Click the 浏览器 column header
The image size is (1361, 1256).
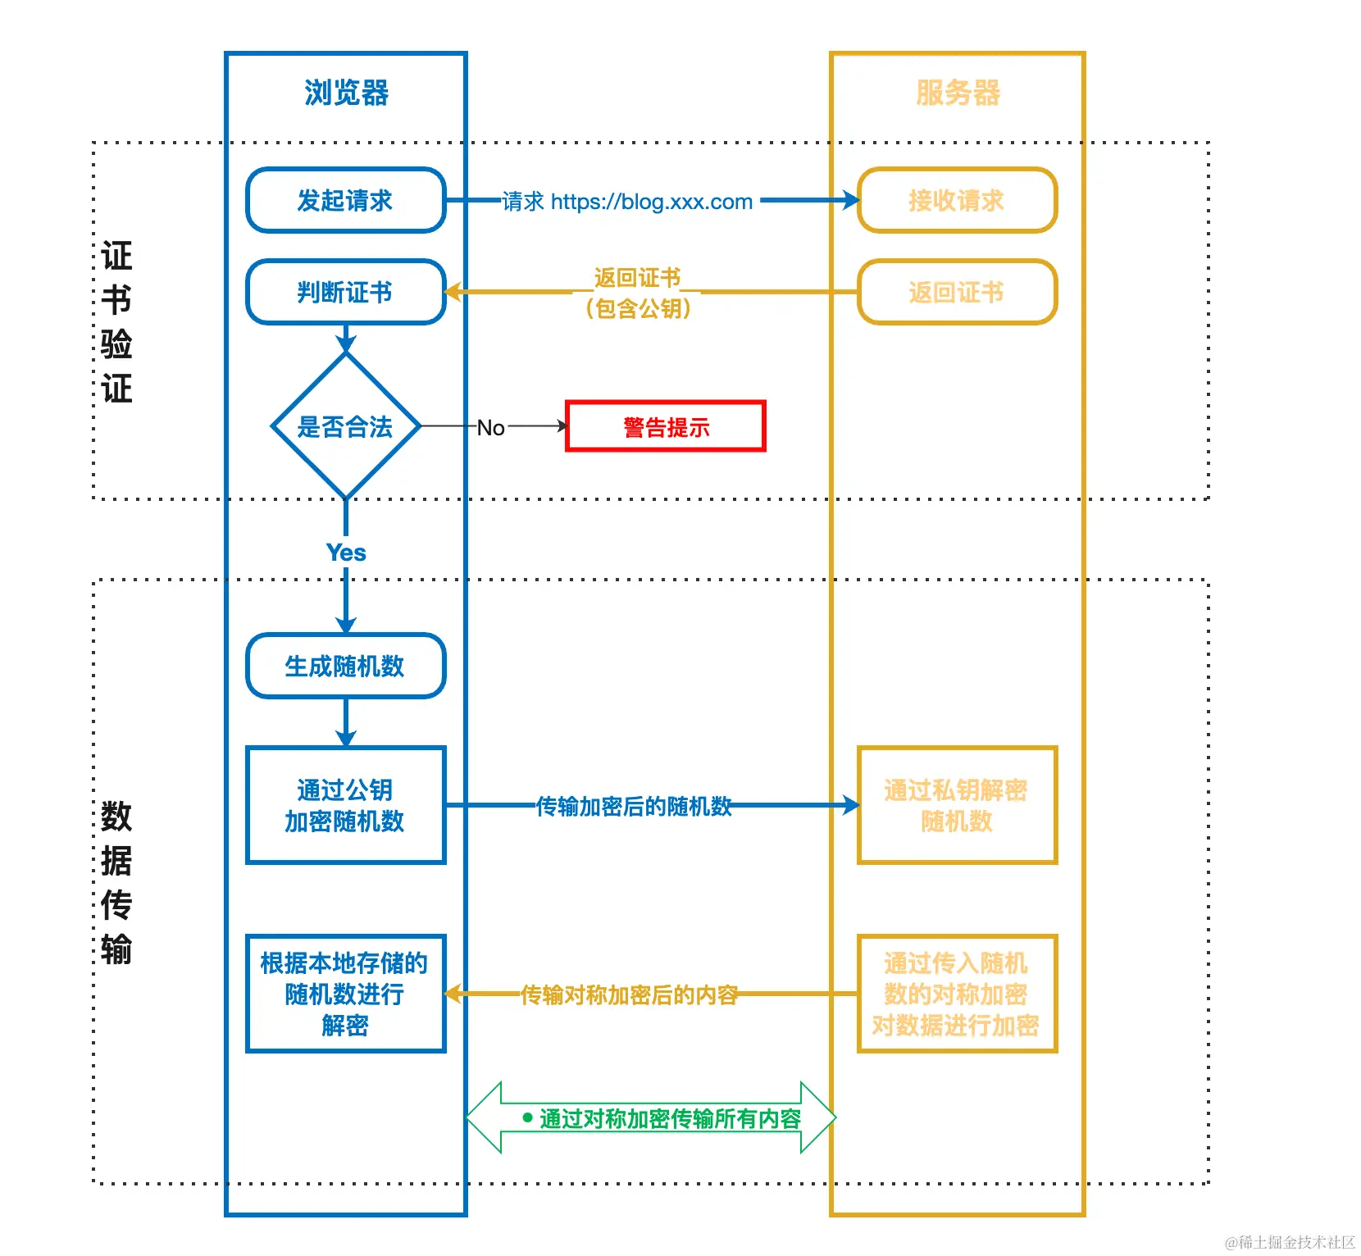(x=346, y=93)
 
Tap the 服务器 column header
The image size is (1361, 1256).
(x=958, y=93)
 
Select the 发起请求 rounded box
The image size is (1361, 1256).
(x=345, y=200)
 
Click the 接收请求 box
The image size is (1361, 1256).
(x=957, y=200)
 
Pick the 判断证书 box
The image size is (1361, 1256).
(x=345, y=292)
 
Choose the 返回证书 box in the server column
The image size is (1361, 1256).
(x=957, y=292)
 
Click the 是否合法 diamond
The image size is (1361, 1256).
(x=345, y=426)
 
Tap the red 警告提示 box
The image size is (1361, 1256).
(x=665, y=426)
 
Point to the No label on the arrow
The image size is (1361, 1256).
(x=490, y=428)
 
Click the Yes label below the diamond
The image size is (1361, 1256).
(x=346, y=553)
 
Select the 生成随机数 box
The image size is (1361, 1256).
(x=345, y=666)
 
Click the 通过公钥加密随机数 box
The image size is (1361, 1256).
(x=345, y=805)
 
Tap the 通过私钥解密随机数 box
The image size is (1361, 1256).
(x=957, y=805)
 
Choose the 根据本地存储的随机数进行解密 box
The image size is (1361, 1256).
(x=345, y=994)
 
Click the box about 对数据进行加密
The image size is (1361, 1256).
(x=957, y=994)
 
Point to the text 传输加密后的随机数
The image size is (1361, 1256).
(x=633, y=807)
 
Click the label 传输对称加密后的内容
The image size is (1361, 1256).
(x=629, y=995)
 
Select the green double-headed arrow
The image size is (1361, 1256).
(x=651, y=1118)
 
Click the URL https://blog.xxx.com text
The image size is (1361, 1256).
(x=651, y=202)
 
